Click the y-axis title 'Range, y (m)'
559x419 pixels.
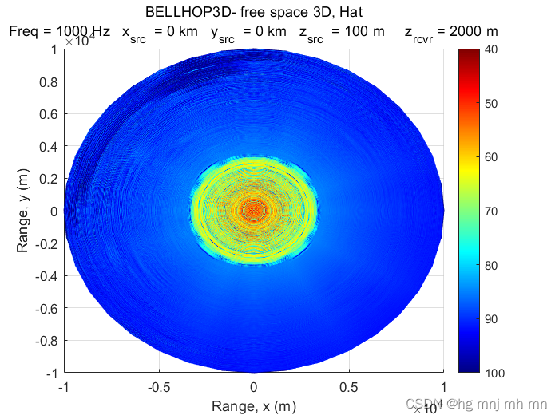(22, 211)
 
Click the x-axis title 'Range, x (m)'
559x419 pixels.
(253, 406)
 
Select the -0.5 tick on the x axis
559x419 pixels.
(159, 387)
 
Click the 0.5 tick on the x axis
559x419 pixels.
(349, 387)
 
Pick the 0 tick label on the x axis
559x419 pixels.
(254, 387)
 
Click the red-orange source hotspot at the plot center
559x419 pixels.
(254, 211)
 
